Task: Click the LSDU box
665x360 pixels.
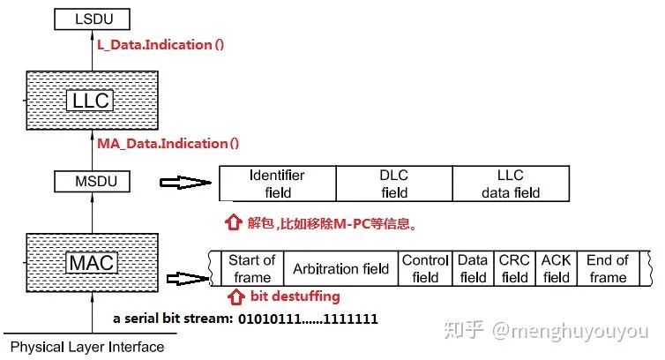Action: [90, 17]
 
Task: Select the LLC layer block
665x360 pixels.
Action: [90, 101]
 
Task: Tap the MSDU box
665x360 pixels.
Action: [90, 182]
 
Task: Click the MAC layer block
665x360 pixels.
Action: [90, 262]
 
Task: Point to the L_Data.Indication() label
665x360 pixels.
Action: [166, 43]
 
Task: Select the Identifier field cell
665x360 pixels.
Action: [277, 184]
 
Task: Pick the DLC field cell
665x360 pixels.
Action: [394, 184]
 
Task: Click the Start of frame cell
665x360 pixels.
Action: [251, 268]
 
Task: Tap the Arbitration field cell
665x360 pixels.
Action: [340, 268]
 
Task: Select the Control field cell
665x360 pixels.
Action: [425, 268]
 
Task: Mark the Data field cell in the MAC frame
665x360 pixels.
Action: [473, 268]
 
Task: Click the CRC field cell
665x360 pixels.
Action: [514, 268]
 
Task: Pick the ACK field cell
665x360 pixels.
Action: [556, 268]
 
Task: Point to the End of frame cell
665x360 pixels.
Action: [608, 268]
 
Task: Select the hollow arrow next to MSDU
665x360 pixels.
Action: [183, 184]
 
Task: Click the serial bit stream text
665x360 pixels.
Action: [245, 318]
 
